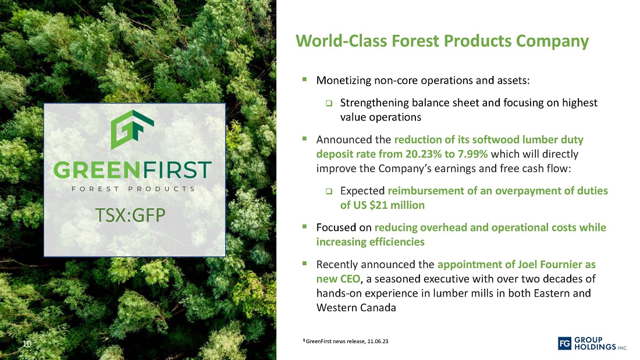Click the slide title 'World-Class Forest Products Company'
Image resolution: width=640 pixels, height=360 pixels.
(x=442, y=41)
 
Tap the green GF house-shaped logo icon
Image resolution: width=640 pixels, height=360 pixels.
(x=132, y=129)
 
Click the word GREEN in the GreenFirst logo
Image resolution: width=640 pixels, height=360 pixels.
(x=94, y=170)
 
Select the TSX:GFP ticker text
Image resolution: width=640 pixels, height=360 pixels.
(x=130, y=215)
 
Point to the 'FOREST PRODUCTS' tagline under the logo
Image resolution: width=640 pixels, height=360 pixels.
(x=133, y=189)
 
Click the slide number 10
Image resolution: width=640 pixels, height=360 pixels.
(x=27, y=344)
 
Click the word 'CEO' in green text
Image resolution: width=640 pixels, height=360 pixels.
(x=350, y=279)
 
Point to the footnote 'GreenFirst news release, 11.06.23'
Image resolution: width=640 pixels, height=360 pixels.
(x=347, y=341)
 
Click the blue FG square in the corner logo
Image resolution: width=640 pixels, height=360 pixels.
(x=564, y=344)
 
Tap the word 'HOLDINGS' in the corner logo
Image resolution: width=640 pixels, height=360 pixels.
(x=595, y=347)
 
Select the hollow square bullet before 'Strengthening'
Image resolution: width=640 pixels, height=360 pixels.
(x=329, y=104)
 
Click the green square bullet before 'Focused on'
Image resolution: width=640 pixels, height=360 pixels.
(x=304, y=226)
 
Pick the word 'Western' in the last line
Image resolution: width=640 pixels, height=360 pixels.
(x=336, y=307)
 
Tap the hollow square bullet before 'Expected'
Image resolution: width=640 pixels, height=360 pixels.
(x=329, y=191)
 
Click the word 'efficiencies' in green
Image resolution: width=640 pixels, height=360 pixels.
(x=370, y=242)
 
